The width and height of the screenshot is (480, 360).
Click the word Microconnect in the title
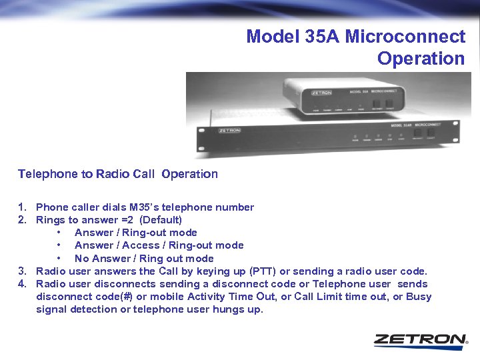[x=405, y=36]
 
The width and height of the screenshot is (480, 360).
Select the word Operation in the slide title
[x=421, y=59]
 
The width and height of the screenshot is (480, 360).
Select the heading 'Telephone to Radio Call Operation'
[x=117, y=174]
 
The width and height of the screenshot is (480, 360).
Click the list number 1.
[x=22, y=207]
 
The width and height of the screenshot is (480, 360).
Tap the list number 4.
[x=22, y=284]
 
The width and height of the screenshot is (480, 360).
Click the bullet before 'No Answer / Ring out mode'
[x=59, y=259]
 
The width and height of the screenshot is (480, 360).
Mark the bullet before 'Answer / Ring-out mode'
[x=59, y=233]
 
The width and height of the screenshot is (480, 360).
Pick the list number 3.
[x=22, y=271]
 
